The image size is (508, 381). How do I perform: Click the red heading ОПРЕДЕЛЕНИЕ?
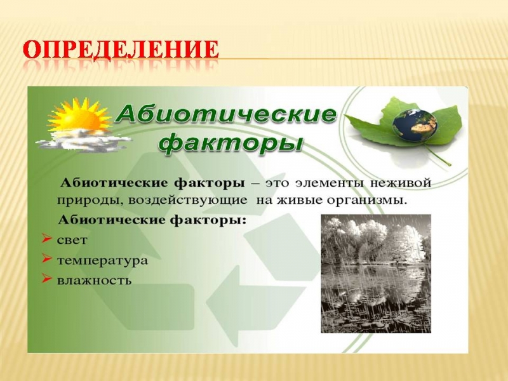[x=121, y=50]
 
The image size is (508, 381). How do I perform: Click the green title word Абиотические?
[x=226, y=114]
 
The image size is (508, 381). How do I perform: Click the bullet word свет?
[x=72, y=240]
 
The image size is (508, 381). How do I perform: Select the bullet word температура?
[x=102, y=260]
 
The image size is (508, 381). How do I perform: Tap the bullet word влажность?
[x=94, y=280]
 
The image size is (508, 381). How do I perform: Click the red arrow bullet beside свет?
[x=46, y=239]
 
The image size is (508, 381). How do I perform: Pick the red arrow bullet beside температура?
[x=46, y=259]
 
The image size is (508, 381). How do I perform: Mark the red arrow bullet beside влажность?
[x=46, y=279]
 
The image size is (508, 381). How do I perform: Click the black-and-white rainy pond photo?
[x=376, y=274]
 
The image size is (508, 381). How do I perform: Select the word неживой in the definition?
[x=401, y=183]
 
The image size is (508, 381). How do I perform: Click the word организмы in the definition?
[x=366, y=201]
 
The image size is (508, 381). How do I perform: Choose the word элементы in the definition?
[x=330, y=183]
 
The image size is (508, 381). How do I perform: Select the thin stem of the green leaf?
[x=438, y=156]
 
